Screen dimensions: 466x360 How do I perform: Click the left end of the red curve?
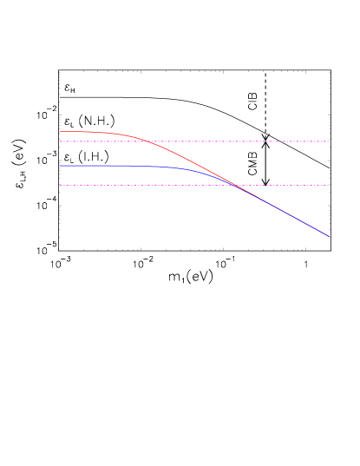60,132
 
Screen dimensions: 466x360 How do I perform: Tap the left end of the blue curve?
60,165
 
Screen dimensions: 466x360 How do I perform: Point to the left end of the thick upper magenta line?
60,141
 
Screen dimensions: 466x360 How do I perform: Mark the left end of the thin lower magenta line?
60,185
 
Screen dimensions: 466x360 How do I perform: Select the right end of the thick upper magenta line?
329,141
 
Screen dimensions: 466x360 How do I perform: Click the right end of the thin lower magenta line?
329,185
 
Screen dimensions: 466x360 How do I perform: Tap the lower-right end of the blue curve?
329,236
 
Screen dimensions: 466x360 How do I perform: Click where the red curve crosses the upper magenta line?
151,141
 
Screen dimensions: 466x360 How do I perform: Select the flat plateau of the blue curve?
104,165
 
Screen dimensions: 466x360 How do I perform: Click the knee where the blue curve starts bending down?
178,167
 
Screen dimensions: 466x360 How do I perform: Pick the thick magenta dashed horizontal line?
260,141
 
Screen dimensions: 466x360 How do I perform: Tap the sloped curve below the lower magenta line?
286,212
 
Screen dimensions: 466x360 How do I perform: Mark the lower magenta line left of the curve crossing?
130,185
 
